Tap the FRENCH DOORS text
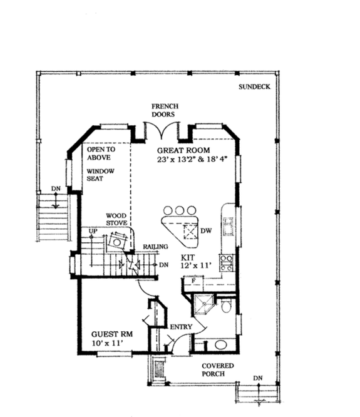tap(165, 111)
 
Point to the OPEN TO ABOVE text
tap(99, 154)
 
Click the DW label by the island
tap(207, 231)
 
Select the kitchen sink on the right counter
tap(229, 226)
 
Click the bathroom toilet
tap(227, 306)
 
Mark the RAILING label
tap(155, 247)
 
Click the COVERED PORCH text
tap(217, 369)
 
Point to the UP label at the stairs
tap(94, 231)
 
